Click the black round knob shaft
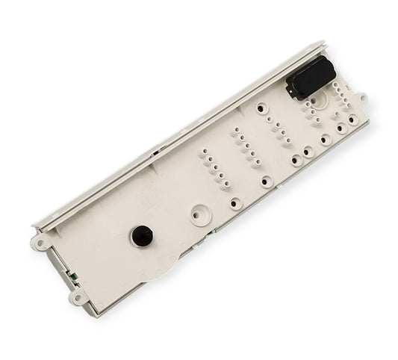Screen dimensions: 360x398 coord(140,235)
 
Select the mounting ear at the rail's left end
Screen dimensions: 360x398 coord(41,241)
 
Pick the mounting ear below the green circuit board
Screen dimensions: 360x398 coord(76,297)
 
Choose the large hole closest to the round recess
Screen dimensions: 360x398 coord(236,202)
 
